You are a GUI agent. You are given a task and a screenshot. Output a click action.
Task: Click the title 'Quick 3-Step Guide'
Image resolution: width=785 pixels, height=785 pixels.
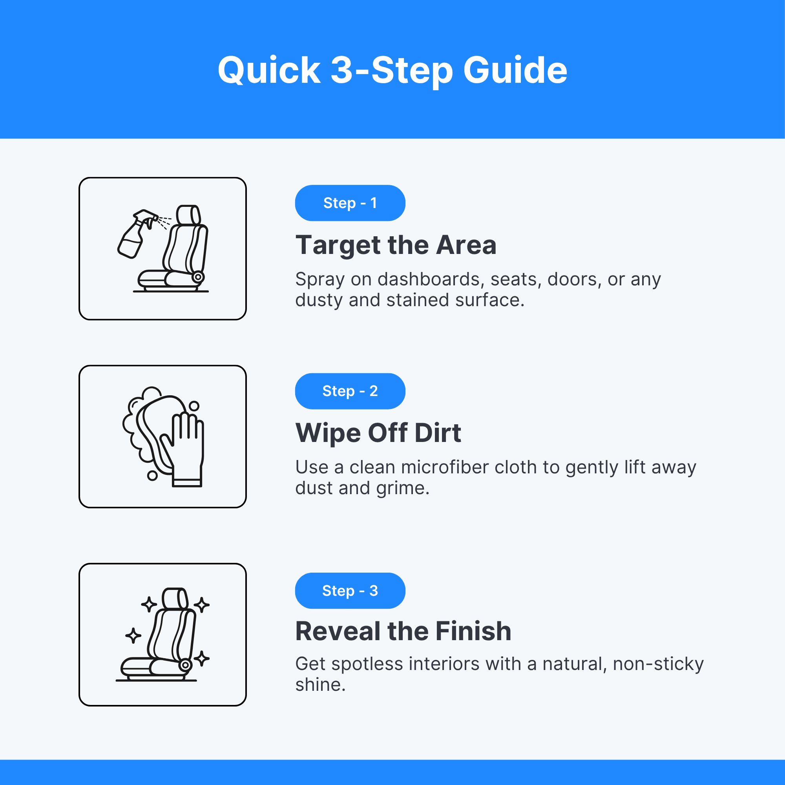click(392, 71)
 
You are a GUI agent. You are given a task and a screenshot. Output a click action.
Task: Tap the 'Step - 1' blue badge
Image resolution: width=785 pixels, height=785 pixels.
click(350, 203)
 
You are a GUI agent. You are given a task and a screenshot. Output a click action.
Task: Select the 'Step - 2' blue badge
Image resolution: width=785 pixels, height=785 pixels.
click(350, 391)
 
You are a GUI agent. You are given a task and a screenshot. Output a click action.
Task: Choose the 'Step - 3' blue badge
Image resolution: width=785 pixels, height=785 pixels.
click(350, 590)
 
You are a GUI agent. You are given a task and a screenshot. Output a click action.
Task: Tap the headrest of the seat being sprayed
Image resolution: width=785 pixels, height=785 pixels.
click(188, 215)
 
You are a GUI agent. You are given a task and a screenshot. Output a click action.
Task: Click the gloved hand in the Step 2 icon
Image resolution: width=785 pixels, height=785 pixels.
click(187, 451)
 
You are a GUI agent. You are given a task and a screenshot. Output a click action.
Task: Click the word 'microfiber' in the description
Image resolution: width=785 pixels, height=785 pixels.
click(445, 467)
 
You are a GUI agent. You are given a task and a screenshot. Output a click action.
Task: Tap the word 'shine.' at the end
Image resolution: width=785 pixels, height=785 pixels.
click(321, 685)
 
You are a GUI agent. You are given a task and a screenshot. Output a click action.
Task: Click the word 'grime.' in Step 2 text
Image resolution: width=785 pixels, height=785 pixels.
click(403, 489)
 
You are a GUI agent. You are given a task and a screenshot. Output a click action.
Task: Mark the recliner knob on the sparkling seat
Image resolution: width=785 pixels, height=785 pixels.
click(185, 665)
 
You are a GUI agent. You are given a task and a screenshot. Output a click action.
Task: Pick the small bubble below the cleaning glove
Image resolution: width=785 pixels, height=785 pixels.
click(152, 475)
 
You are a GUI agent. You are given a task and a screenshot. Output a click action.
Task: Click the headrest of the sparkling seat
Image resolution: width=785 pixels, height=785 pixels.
click(175, 598)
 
